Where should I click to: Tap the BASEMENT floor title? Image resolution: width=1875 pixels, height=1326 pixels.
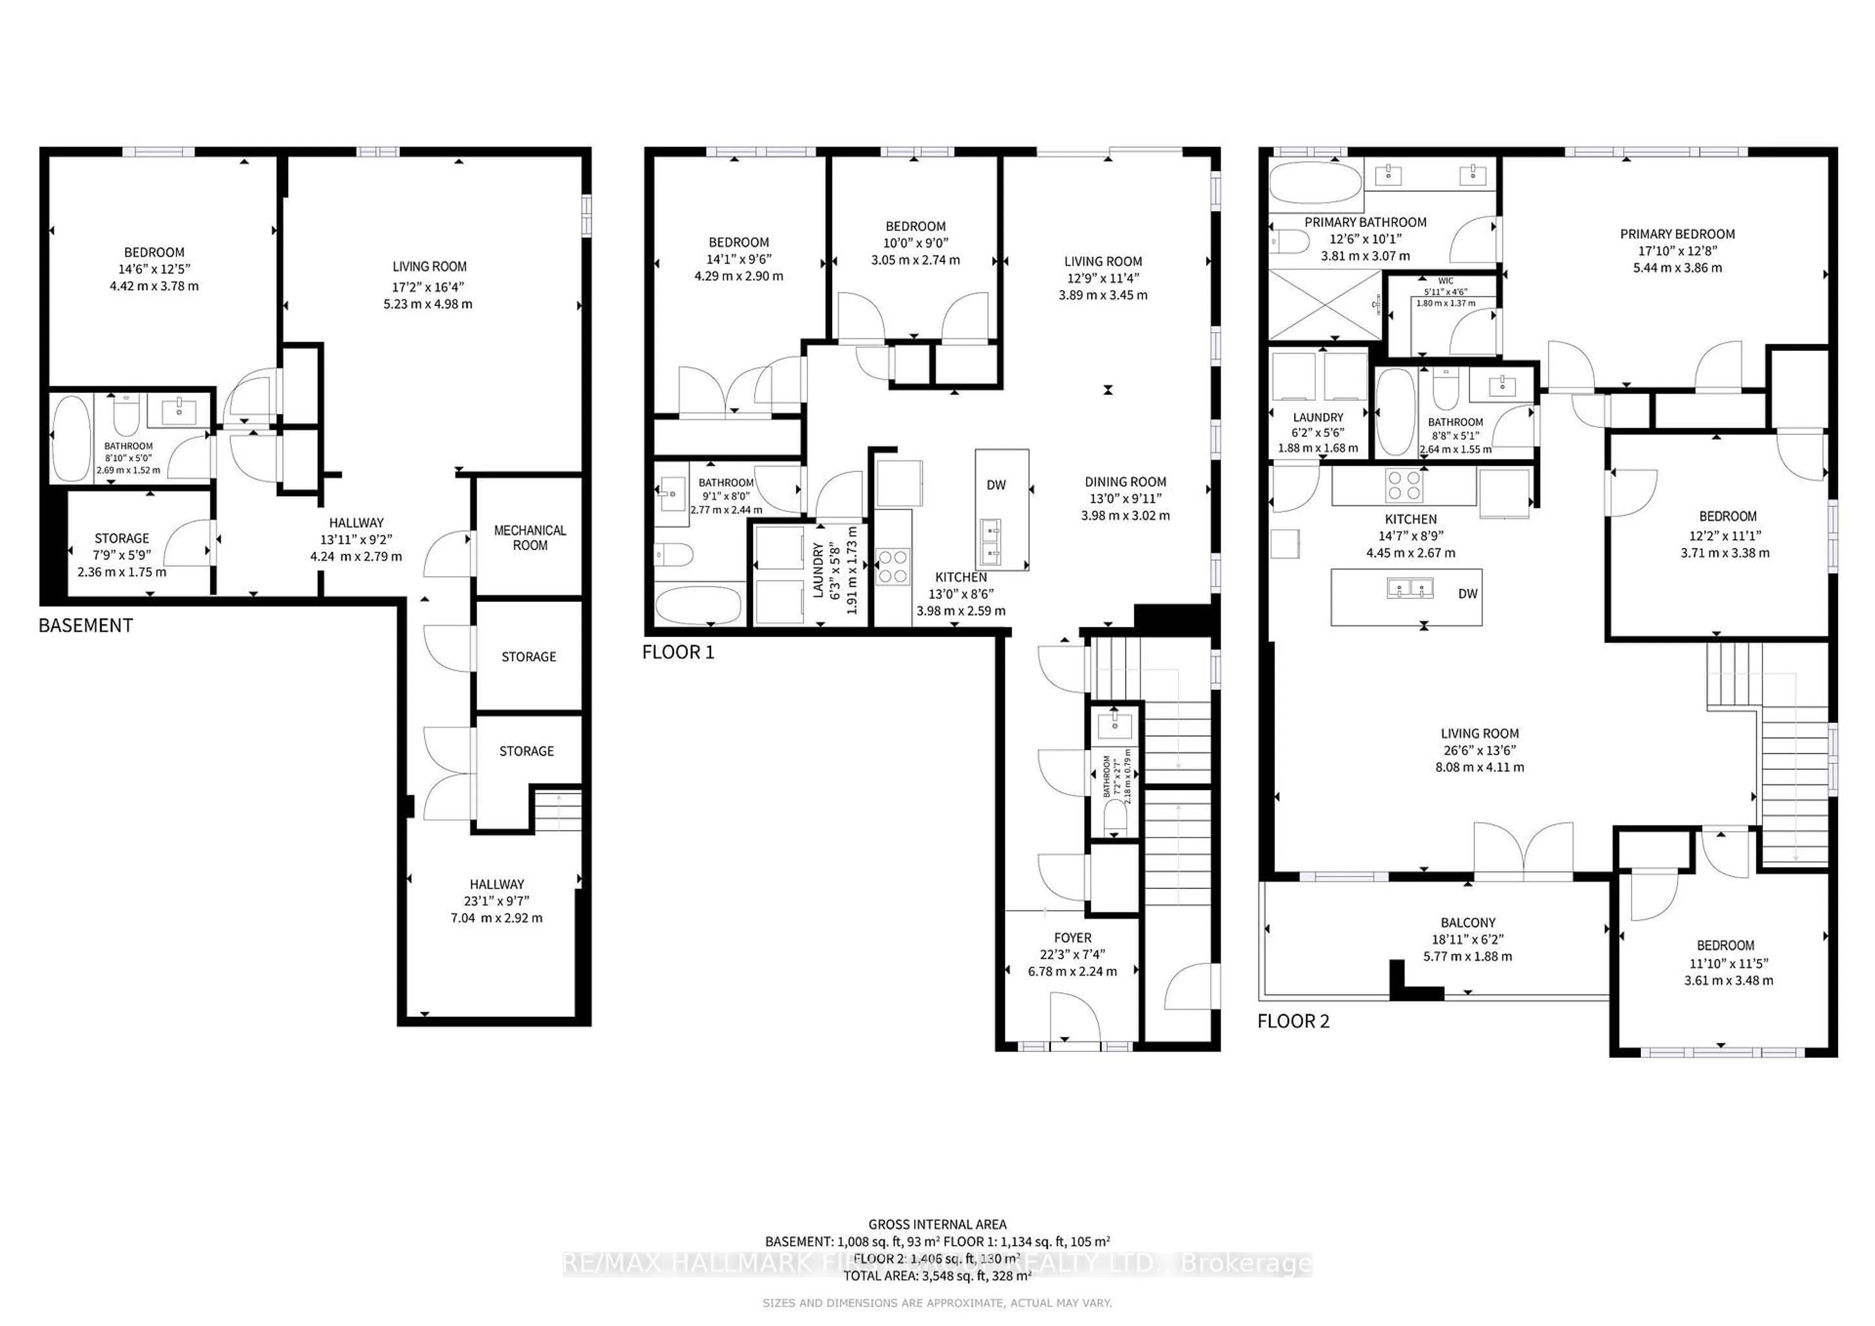click(86, 625)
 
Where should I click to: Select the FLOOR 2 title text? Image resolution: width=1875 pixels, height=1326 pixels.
click(1293, 1021)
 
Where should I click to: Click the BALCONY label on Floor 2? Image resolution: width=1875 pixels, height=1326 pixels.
click(1467, 923)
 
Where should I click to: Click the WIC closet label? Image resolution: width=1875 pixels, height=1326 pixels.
click(1445, 281)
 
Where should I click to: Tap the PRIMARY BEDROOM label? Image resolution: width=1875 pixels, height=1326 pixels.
click(1677, 234)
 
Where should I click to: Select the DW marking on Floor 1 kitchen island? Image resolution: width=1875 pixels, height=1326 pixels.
click(996, 485)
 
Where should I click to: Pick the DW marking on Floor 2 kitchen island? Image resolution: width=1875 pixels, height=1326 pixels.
click(1467, 594)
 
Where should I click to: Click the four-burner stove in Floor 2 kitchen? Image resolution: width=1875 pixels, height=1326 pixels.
click(1404, 486)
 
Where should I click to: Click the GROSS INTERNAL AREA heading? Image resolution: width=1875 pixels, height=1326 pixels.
click(937, 1225)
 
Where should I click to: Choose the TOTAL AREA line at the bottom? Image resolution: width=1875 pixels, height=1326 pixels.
click(937, 1275)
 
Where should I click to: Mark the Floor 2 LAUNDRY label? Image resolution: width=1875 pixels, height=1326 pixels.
click(1317, 417)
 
